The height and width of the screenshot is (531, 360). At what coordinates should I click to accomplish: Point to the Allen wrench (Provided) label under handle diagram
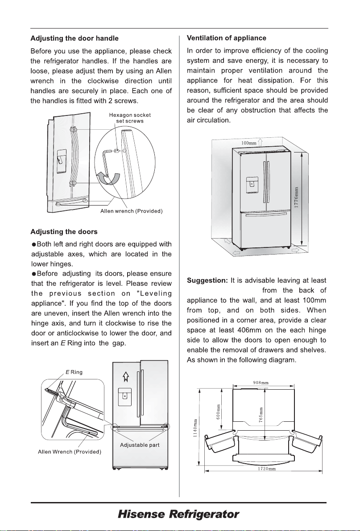click(131, 211)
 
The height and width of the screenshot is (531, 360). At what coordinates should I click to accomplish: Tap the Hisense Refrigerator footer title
click(178, 515)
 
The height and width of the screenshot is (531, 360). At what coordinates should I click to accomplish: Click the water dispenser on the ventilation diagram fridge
click(252, 184)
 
